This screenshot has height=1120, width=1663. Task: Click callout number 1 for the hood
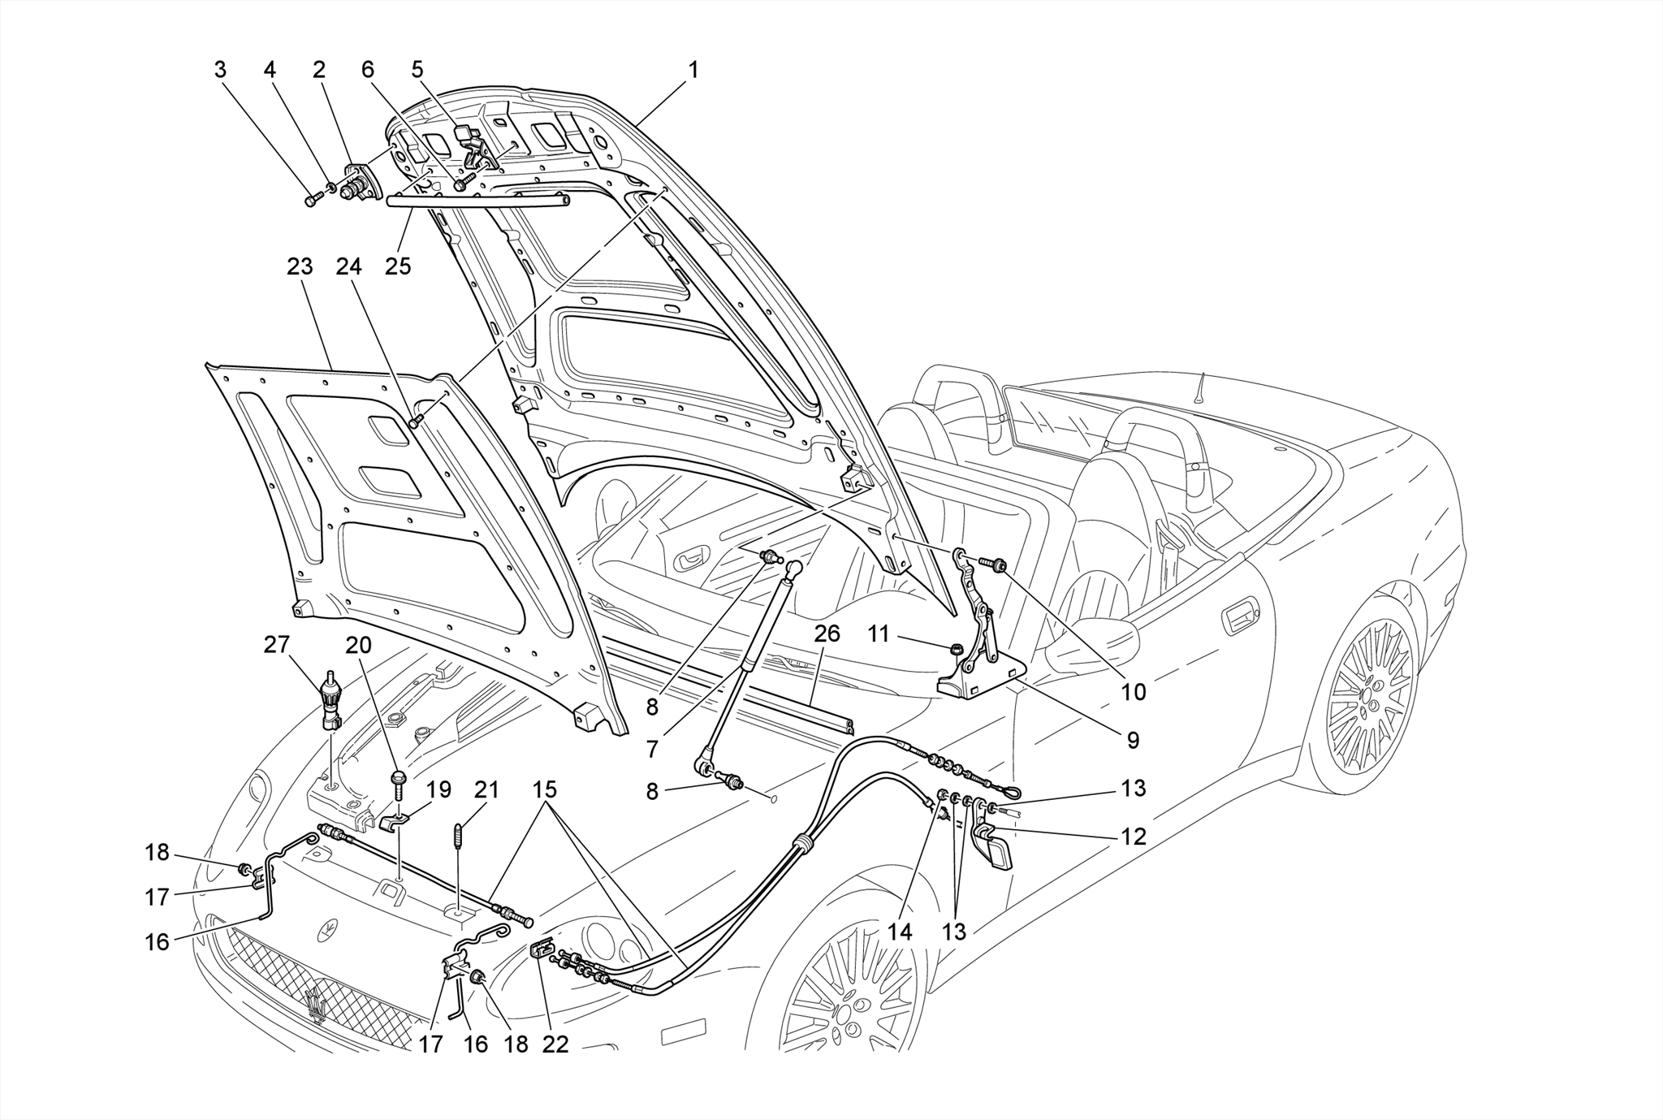coord(693,70)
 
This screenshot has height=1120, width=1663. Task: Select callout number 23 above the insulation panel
coord(300,266)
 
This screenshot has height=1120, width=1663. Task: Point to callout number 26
coord(827,634)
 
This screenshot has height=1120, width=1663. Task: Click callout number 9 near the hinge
coord(1133,740)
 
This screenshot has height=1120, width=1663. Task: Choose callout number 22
coord(555,1044)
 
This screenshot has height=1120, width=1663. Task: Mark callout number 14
coord(900,932)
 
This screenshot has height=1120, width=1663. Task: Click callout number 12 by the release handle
coord(1134,836)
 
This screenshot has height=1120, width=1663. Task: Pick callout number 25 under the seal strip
coord(398,266)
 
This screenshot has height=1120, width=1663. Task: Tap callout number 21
coord(486,789)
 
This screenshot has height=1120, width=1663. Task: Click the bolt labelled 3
coord(311,200)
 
